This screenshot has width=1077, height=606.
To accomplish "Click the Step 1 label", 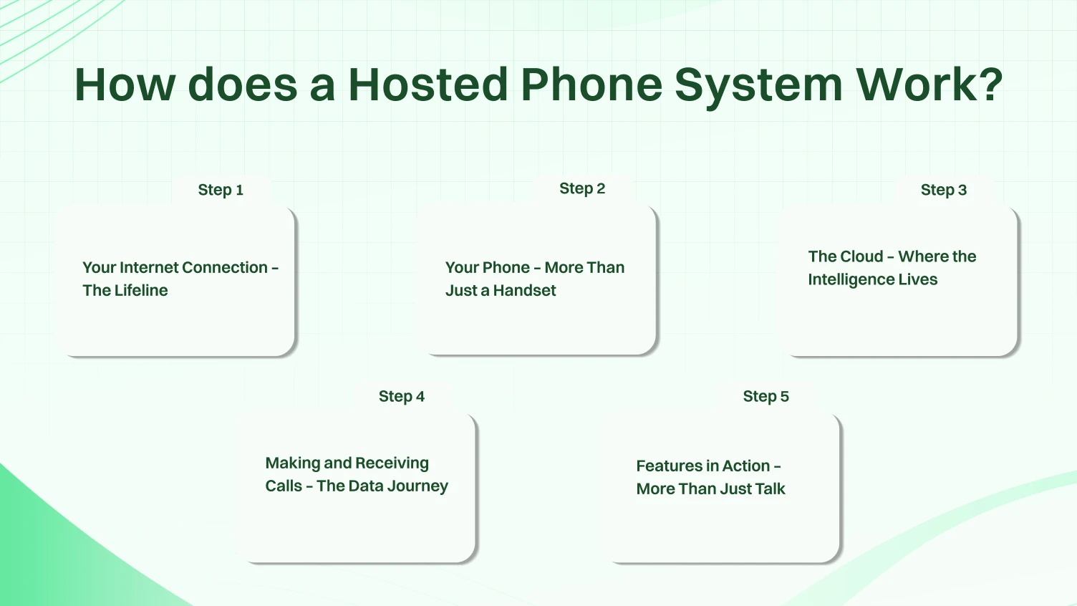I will click(x=221, y=190).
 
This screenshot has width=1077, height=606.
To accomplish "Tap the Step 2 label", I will click(x=582, y=188).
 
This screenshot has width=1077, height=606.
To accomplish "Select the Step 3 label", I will click(x=943, y=190).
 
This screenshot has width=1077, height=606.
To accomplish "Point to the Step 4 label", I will click(x=401, y=396).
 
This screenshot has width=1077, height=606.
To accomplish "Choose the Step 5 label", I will click(x=766, y=396).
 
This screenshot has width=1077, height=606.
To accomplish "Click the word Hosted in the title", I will click(x=428, y=85).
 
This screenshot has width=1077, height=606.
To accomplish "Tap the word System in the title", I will click(x=758, y=85).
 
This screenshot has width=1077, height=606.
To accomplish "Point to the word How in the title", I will click(x=125, y=85).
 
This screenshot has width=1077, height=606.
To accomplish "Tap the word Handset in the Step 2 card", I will click(x=524, y=290).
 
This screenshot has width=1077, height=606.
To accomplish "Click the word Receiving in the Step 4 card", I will click(x=392, y=463).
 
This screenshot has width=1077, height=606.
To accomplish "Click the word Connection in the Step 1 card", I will click(x=224, y=267).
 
